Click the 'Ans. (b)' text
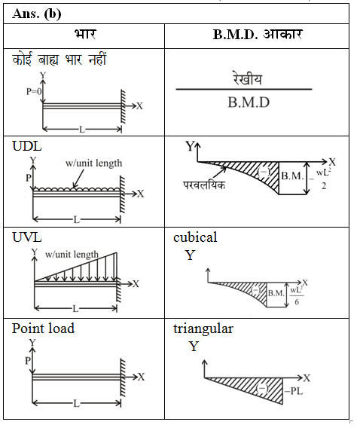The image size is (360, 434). pos(36,14)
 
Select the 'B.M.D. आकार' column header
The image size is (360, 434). pos(258,35)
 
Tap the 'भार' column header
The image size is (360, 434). pos(85,35)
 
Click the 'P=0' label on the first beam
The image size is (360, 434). pos(34,91)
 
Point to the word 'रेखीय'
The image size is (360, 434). pos(247,78)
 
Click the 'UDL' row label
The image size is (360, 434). pos(27,146)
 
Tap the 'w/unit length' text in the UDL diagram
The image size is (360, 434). pos(93,163)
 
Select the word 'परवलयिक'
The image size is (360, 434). pos(204,185)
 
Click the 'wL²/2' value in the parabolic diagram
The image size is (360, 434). pos(324,179)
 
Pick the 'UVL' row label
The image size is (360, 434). pos(27,237)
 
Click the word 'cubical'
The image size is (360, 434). pos(195,237)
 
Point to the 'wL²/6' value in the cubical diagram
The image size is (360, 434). pos(296,296)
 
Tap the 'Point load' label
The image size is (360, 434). pos(43,329)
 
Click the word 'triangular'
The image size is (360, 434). pos(203,329)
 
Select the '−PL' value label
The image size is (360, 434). pos(294,391)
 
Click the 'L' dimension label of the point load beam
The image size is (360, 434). pos(76,404)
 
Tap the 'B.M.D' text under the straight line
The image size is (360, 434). pos(249,102)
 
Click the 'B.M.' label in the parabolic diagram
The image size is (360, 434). pos(292,176)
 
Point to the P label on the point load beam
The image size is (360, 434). pos(28,361)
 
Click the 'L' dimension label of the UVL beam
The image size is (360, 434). pos(75,309)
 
